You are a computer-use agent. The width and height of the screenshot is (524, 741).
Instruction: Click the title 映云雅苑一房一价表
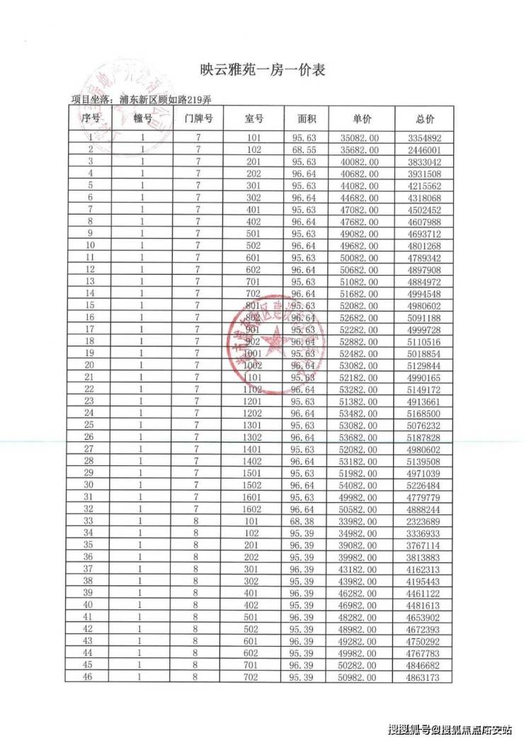262,70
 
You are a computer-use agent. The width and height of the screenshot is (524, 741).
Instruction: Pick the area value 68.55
307,149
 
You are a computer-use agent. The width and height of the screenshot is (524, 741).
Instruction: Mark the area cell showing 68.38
307,521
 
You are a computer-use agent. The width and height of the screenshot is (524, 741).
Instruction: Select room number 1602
254,509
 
